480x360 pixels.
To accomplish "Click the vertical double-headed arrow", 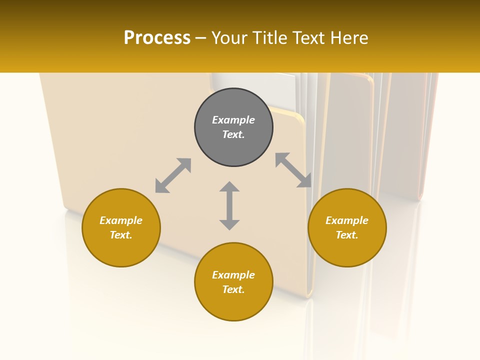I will tap(229, 205).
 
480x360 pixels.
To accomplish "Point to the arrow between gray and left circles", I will tap(173, 175).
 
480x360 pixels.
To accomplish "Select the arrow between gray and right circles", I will tap(293, 170).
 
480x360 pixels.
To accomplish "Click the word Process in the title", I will tap(157, 37).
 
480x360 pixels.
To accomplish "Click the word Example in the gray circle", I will tap(233, 120).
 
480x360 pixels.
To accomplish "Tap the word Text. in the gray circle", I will tap(233, 134).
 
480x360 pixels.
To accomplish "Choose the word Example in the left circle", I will tap(121, 220).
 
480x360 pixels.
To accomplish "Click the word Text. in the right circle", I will tap(347, 235).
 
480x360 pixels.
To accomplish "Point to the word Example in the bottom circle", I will tap(233, 275).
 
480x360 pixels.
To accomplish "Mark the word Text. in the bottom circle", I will tap(233, 289).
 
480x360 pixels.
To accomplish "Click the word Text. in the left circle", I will tap(121, 235).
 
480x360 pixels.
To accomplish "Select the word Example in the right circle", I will tap(347, 220).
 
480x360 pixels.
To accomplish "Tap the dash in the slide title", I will tap(201, 38).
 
